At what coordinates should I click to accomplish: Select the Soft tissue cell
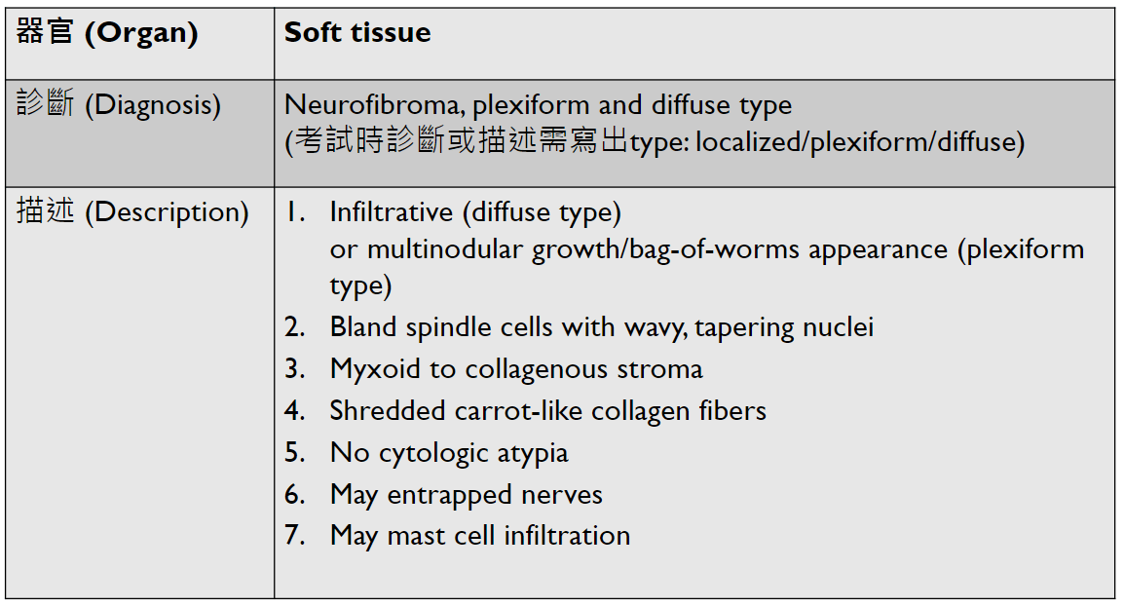pyautogui.click(x=357, y=33)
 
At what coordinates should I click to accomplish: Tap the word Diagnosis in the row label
pyautogui.click(x=153, y=105)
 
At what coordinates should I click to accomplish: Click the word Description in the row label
pyautogui.click(x=167, y=212)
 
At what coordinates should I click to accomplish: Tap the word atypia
pyautogui.click(x=533, y=453)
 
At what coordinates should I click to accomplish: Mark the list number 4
pyautogui.click(x=294, y=411)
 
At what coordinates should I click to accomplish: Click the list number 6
pyautogui.click(x=294, y=495)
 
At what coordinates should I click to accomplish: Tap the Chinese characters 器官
pyautogui.click(x=46, y=33)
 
